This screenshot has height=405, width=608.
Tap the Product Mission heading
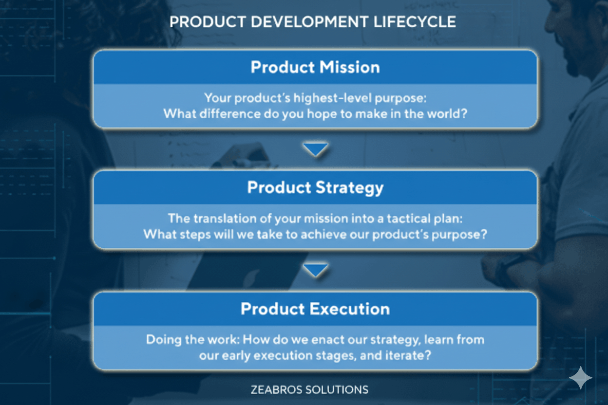[315, 67]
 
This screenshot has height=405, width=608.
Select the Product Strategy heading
[315, 188]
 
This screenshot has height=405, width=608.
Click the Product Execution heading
[315, 309]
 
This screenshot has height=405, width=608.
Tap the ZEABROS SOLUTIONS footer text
[309, 389]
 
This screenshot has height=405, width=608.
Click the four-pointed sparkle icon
[581, 378]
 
